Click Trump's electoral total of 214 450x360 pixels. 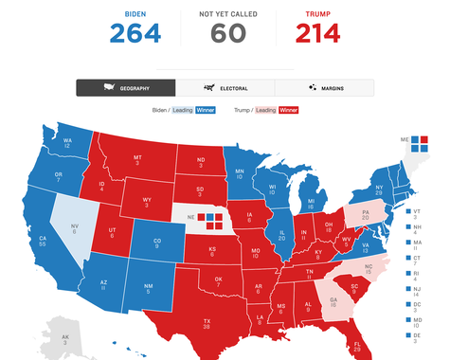point(316,33)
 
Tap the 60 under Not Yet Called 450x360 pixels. point(223,33)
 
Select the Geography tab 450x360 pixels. point(126,87)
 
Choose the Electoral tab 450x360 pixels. point(225,87)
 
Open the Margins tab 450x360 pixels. point(324,87)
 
